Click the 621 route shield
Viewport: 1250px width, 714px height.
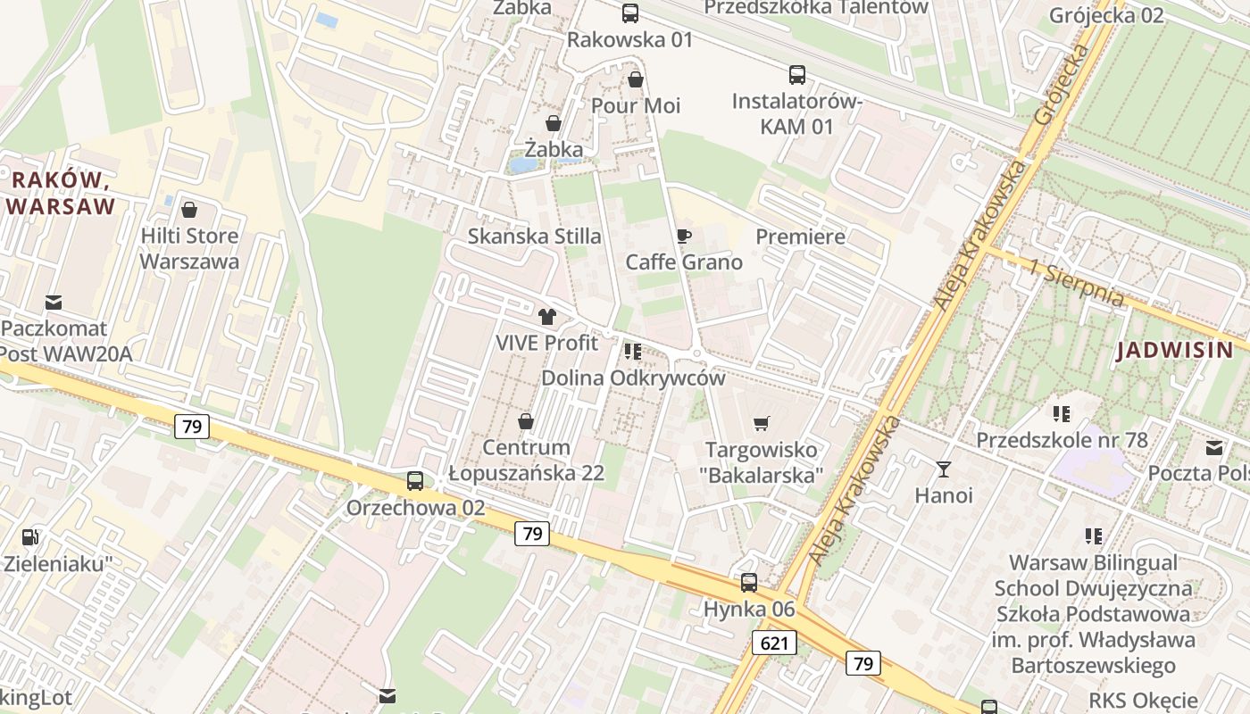774,643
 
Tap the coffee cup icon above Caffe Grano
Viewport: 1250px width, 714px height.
683,236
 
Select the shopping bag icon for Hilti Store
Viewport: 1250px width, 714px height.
189,210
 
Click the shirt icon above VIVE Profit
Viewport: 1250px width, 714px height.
547,316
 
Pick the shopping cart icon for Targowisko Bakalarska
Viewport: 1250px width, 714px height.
762,423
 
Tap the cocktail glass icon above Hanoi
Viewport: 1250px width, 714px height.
944,469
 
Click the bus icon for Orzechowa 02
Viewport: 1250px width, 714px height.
415,481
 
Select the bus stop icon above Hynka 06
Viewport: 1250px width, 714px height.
749,583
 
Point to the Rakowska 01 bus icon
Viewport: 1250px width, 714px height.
630,12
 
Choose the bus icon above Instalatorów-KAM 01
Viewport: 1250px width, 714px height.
796,75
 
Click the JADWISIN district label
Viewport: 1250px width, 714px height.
1175,350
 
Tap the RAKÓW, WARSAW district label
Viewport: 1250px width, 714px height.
61,194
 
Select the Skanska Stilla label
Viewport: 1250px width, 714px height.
535,237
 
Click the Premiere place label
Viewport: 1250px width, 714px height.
800,237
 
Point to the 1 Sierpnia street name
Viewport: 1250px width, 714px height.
1075,285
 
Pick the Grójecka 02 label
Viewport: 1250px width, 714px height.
1107,15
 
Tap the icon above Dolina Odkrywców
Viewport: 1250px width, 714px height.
633,352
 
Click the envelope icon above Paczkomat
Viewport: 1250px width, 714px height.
54,303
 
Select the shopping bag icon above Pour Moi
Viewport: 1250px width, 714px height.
636,79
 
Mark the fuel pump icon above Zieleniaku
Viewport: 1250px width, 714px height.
30,537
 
